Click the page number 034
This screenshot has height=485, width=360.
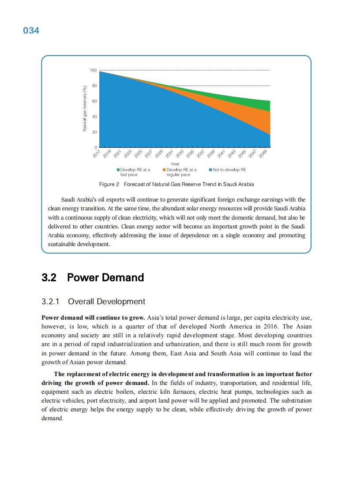[x=31, y=30]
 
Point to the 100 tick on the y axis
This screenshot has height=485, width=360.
[x=93, y=71]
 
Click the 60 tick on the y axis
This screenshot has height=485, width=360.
[x=94, y=101]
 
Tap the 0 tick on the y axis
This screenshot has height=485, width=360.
[x=96, y=147]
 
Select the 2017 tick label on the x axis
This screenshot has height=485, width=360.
[x=97, y=154]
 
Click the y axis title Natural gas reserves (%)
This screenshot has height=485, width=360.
[x=84, y=108]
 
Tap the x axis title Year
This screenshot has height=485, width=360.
[x=175, y=164]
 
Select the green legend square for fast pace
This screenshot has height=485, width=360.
[x=118, y=170]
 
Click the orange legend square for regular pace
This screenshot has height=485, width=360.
[x=164, y=170]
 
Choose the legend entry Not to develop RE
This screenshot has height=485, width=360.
[x=229, y=170]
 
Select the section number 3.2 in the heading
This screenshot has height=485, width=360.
[x=49, y=278]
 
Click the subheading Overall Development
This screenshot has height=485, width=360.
[x=106, y=302]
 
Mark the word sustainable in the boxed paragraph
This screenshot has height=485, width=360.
[x=63, y=244]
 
